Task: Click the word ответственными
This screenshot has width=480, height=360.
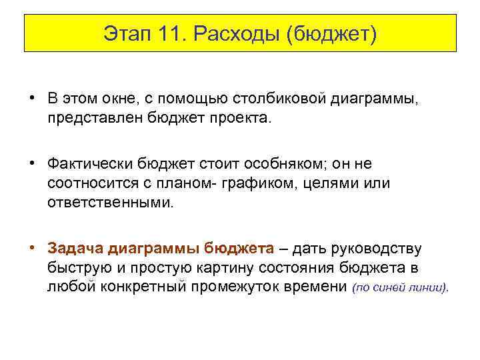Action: pyautogui.click(x=109, y=202)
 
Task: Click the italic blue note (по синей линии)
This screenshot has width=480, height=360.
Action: pyautogui.click(x=400, y=289)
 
